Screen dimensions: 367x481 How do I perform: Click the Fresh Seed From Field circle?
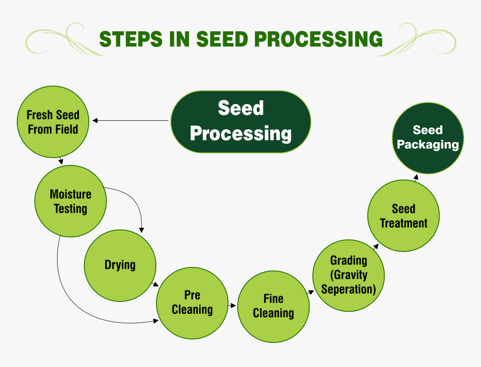point(53,122)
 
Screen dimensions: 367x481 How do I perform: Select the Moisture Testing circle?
point(70,201)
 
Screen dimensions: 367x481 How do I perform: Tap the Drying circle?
point(120,265)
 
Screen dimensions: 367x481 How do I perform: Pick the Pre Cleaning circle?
point(192,303)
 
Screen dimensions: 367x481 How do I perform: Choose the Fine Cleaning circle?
point(273,306)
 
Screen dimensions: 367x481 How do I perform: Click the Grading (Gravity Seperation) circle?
point(348,275)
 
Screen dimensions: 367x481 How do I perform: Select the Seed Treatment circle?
point(403,216)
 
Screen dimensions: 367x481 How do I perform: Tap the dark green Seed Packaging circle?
point(428,138)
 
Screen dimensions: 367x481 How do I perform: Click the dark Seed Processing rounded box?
point(240,121)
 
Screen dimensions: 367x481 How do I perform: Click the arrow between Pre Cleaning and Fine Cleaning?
point(232,305)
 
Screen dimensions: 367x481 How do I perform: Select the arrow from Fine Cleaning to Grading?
point(311,291)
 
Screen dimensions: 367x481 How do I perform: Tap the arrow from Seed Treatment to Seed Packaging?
point(416,177)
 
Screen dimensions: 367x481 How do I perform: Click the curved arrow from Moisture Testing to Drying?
point(134,201)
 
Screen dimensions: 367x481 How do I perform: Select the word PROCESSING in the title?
point(319,39)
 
